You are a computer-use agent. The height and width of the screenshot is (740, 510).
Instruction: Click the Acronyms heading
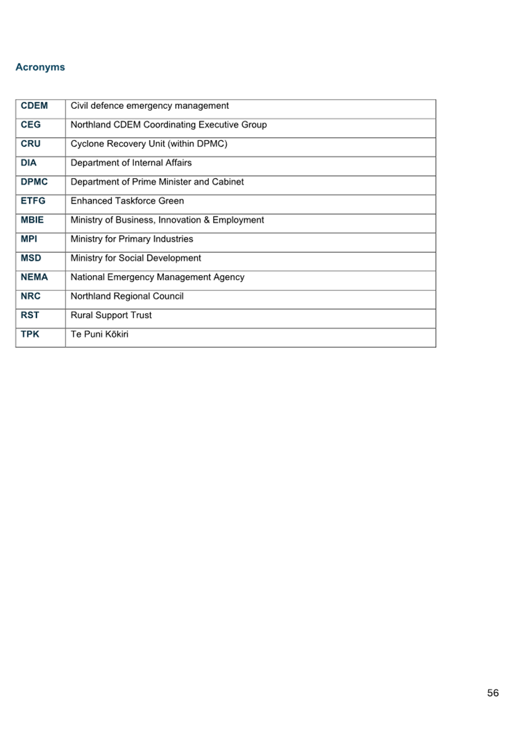(x=40, y=67)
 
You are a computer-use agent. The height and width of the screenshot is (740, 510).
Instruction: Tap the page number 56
(x=493, y=693)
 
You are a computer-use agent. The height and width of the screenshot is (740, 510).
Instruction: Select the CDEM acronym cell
(x=34, y=106)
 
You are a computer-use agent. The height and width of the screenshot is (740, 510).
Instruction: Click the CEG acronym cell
(x=31, y=125)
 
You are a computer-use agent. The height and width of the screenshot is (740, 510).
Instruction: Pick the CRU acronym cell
(x=31, y=144)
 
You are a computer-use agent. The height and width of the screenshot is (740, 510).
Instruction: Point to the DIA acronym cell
(x=28, y=163)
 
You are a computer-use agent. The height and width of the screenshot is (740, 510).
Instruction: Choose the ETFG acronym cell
(x=33, y=201)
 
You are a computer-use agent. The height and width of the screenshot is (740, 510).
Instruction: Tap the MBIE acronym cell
(x=32, y=220)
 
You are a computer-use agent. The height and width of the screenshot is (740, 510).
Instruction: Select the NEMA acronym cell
(x=34, y=277)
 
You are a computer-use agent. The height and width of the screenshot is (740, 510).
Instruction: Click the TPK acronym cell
(x=30, y=334)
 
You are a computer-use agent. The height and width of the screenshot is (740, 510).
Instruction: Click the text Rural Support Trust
(x=111, y=315)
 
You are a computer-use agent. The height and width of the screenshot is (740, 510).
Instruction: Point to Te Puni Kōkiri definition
(x=99, y=334)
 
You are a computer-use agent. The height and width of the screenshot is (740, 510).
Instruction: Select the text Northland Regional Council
(x=127, y=296)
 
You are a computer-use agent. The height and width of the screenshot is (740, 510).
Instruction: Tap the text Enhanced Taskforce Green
(x=127, y=201)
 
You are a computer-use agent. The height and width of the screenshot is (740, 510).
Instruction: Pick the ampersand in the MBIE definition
(x=207, y=220)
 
